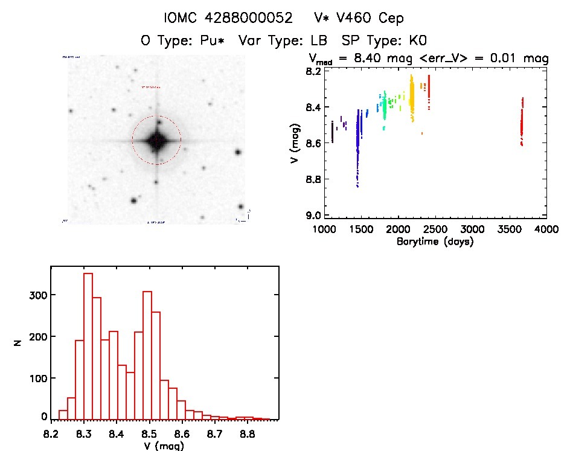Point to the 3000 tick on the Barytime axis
[x=473, y=229]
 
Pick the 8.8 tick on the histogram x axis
[x=246, y=433]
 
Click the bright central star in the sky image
[x=156, y=141]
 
